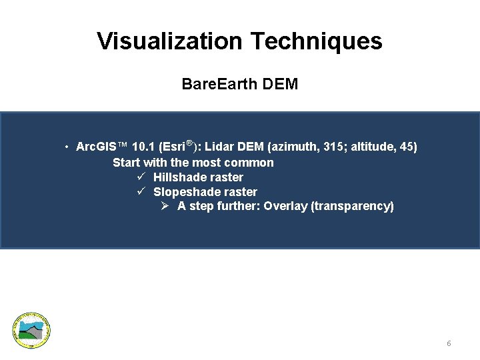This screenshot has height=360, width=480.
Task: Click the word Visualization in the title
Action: click(170, 41)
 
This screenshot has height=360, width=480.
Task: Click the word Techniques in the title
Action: click(316, 41)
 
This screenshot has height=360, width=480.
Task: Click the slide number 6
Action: click(449, 343)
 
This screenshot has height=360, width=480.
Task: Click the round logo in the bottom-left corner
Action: click(32, 330)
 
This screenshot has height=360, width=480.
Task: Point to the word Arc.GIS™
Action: click(102, 147)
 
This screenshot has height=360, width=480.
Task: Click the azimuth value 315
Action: click(333, 147)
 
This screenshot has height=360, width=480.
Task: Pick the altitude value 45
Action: click(406, 147)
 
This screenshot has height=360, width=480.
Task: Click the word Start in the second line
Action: click(127, 163)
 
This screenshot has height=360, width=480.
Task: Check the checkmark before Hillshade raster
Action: click(141, 177)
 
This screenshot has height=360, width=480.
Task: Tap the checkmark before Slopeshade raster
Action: click(141, 191)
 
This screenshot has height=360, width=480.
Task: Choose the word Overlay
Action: click(285, 206)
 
